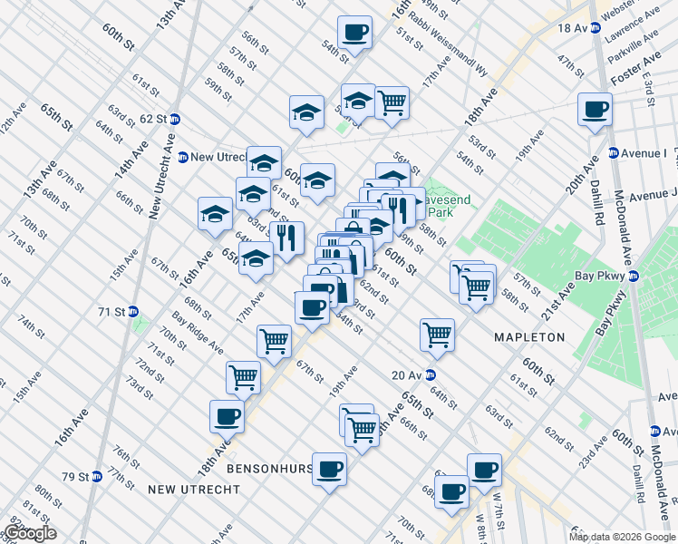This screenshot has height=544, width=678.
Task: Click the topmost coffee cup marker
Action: coord(354,34)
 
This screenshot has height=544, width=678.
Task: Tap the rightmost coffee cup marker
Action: coord(596,111)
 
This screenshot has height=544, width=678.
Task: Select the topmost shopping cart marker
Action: coord(392,103)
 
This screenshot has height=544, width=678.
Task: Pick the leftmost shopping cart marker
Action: coord(243,377)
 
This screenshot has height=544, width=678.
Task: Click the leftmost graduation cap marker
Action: coord(215,215)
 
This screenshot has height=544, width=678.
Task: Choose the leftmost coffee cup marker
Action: coord(227,418)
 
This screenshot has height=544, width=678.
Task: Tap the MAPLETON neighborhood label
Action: coord(529,337)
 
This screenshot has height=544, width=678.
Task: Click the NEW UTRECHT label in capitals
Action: coord(194,490)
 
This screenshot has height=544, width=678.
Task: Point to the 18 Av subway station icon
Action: coord(595,28)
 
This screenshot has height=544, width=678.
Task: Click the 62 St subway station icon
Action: coord(175,119)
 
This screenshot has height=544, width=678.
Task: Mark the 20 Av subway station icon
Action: coord(431,374)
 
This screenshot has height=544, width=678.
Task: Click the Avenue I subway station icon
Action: coord(614,153)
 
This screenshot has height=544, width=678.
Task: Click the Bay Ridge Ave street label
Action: coord(198,333)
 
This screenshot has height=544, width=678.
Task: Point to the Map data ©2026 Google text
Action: coord(622,537)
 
